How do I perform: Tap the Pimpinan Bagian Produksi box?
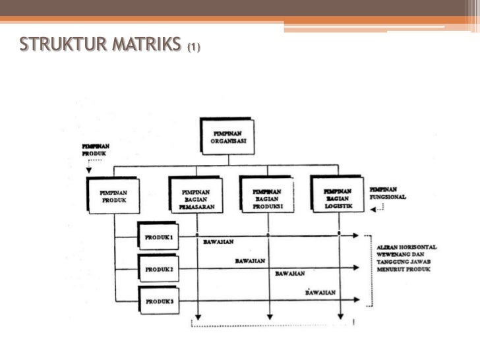[266, 195]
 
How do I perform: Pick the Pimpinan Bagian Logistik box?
[337, 195]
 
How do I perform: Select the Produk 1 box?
[159, 237]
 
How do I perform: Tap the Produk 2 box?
[159, 269]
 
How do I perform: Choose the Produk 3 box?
[159, 301]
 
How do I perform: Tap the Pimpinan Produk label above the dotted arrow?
[95, 149]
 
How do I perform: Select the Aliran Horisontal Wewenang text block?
[405, 260]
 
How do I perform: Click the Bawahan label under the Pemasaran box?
[218, 242]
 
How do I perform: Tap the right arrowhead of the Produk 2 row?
[357, 268]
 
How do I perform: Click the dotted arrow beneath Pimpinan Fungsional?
[378, 210]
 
